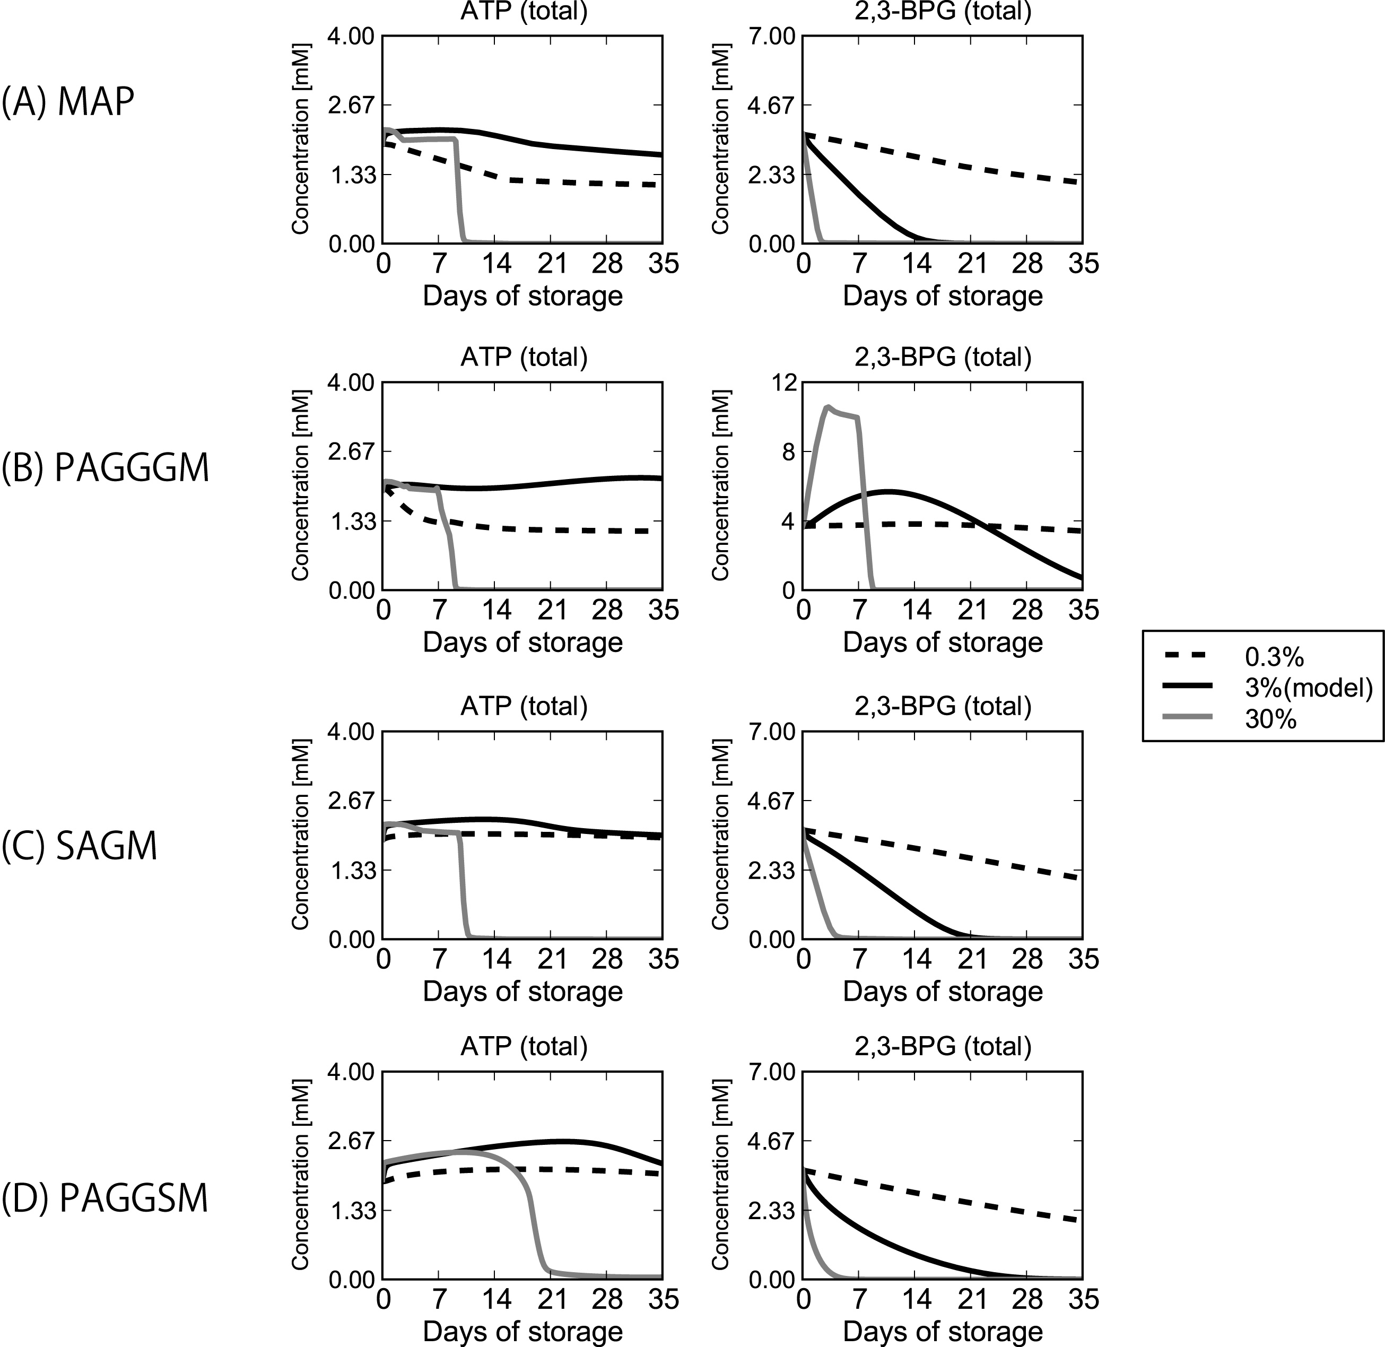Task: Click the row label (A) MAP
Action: coord(68,102)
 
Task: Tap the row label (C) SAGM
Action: coord(79,846)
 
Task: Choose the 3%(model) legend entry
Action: coord(1308,688)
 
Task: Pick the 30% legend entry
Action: coord(1270,719)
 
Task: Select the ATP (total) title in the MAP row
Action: coord(524,11)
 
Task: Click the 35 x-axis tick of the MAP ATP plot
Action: coord(662,264)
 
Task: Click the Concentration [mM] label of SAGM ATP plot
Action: coord(301,835)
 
